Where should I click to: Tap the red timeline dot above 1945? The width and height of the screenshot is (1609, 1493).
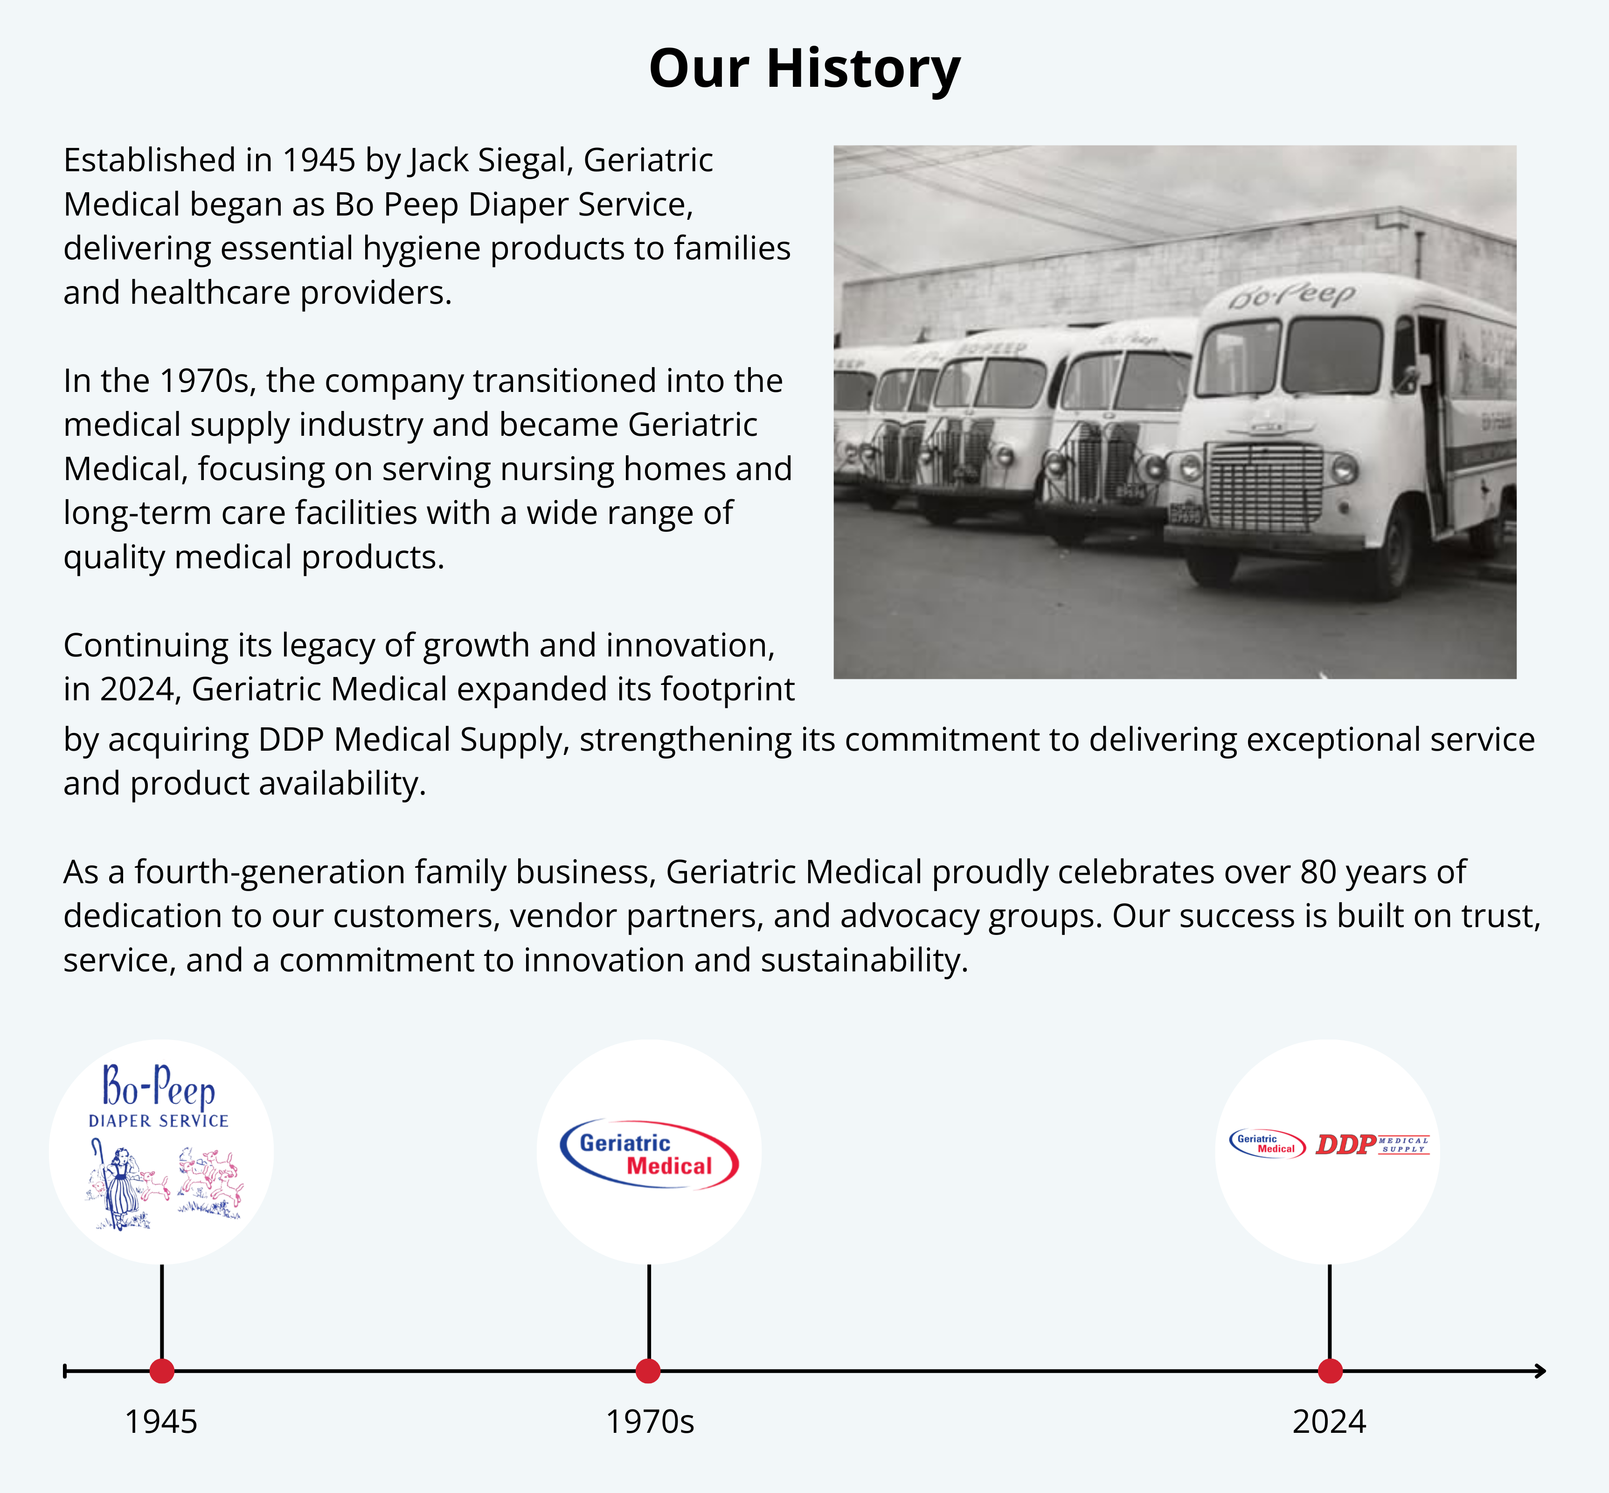(161, 1371)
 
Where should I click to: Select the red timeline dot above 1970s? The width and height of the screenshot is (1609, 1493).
(648, 1371)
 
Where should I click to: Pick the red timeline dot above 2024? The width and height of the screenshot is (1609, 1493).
(1330, 1371)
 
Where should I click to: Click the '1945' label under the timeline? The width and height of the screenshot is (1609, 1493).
(161, 1423)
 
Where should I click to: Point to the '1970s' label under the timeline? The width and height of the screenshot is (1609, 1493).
(649, 1423)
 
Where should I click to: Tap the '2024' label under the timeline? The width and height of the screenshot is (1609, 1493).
(1329, 1423)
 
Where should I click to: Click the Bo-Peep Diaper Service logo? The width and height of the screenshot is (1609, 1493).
(161, 1147)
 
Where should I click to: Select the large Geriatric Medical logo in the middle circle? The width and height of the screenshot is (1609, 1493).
(649, 1154)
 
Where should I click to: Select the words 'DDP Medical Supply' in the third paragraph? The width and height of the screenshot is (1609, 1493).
(414, 740)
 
